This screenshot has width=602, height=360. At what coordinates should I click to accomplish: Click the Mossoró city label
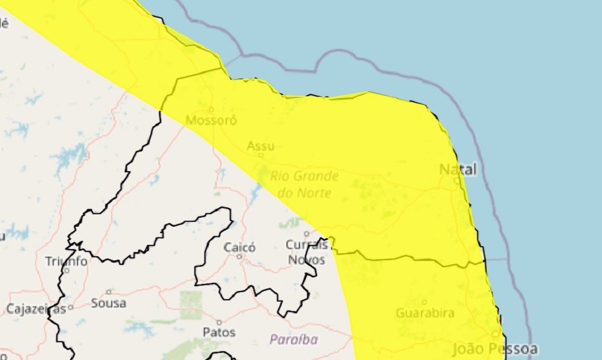pyautogui.click(x=211, y=120)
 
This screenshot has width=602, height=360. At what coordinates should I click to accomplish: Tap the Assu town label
pyautogui.click(x=260, y=145)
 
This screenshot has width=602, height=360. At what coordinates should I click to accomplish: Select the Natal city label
pyautogui.click(x=457, y=169)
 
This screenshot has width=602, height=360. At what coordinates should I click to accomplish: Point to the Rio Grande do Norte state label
pyautogui.click(x=305, y=184)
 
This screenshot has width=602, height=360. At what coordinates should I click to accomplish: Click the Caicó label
pyautogui.click(x=240, y=247)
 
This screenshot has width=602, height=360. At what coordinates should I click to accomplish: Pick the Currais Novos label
pyautogui.click(x=306, y=252)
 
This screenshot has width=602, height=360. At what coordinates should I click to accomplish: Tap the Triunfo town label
pyautogui.click(x=66, y=261)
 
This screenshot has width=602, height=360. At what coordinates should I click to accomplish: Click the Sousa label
pyautogui.click(x=109, y=303)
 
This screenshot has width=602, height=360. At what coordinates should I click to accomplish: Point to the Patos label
pyautogui.click(x=219, y=332)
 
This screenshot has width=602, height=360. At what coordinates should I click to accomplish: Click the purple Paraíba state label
pyautogui.click(x=294, y=339)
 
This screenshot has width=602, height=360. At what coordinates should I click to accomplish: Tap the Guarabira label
pyautogui.click(x=425, y=313)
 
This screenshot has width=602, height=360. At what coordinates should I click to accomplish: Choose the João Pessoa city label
pyautogui.click(x=495, y=348)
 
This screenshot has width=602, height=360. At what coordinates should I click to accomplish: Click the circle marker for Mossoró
pyautogui.click(x=211, y=109)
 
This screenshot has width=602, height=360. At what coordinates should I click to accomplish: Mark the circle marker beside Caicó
pyautogui.click(x=240, y=257)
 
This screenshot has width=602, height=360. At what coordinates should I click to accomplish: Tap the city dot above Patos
pyautogui.click(x=219, y=322)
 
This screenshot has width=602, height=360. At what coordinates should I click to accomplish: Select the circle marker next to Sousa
pyautogui.click(x=109, y=292)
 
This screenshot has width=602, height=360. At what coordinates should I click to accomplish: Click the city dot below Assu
pyautogui.click(x=260, y=155)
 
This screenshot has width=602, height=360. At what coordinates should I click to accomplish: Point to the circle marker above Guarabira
pyautogui.click(x=424, y=302)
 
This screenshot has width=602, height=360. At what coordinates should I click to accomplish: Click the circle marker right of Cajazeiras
pyautogui.click(x=70, y=307)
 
